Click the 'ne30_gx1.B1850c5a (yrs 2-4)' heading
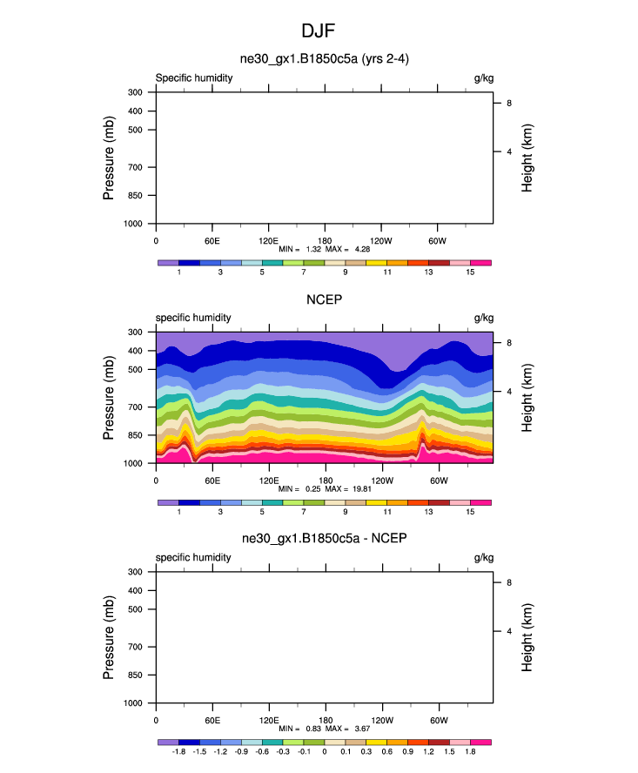(324, 60)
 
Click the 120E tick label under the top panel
(268, 240)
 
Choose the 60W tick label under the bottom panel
(438, 720)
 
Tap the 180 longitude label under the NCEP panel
(325, 481)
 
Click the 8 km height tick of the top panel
(508, 104)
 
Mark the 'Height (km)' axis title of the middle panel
(528, 398)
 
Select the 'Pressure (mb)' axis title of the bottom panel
(110, 637)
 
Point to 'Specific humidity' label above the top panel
(194, 77)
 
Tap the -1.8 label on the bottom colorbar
(178, 752)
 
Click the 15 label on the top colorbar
(470, 272)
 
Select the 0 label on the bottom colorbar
(324, 752)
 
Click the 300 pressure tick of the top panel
(137, 92)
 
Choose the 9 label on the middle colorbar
(346, 513)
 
